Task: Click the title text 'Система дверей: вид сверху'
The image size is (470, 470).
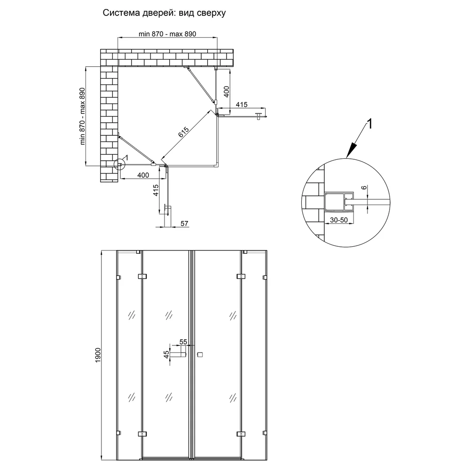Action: pyautogui.click(x=164, y=13)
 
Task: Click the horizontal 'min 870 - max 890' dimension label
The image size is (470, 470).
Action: pyautogui.click(x=167, y=34)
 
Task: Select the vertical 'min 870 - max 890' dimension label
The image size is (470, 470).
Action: pyautogui.click(x=82, y=116)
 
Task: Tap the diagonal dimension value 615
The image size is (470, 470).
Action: pyautogui.click(x=184, y=132)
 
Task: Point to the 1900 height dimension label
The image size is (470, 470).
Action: pyautogui.click(x=98, y=356)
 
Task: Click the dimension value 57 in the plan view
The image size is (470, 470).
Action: pyautogui.click(x=184, y=224)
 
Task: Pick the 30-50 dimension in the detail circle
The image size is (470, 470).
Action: pyautogui.click(x=339, y=220)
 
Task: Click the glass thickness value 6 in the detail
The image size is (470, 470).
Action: pyautogui.click(x=364, y=188)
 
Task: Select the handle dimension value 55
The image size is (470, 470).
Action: pyautogui.click(x=183, y=342)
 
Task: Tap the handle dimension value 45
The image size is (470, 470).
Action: pyautogui.click(x=166, y=354)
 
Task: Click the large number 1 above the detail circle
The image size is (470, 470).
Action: pyautogui.click(x=370, y=124)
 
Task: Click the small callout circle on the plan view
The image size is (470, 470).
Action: pyautogui.click(x=119, y=164)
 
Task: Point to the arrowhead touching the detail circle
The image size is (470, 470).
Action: pyautogui.click(x=351, y=150)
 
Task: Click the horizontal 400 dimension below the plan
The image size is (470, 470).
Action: pyautogui.click(x=143, y=175)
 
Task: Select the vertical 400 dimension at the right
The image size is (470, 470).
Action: pyautogui.click(x=227, y=92)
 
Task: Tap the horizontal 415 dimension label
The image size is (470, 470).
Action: pyautogui.click(x=242, y=105)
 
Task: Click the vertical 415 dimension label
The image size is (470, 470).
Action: pyautogui.click(x=156, y=190)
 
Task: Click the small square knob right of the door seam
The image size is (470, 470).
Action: pyautogui.click(x=200, y=354)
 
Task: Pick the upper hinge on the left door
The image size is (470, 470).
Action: pyautogui.click(x=142, y=276)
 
